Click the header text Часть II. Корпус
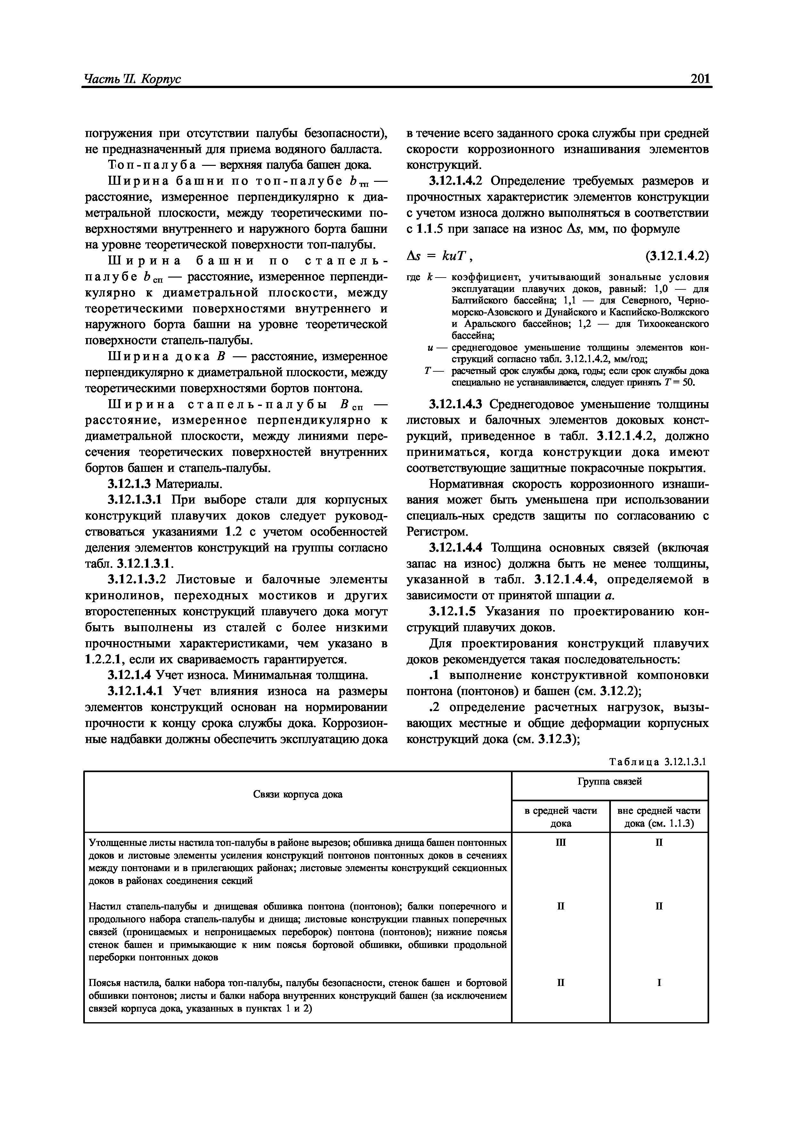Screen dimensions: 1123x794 (132, 79)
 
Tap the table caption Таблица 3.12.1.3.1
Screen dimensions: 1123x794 (658, 762)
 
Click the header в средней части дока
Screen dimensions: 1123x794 (561, 817)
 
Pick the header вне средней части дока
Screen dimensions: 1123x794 (659, 817)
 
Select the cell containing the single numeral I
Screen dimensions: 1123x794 (659, 982)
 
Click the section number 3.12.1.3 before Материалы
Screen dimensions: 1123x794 (130, 484)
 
